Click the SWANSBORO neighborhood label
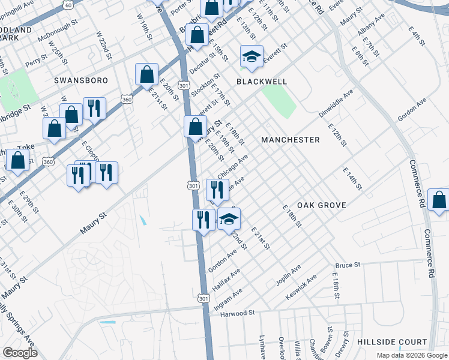(x=80, y=80)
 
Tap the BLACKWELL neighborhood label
(x=262, y=81)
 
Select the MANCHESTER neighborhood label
(x=291, y=140)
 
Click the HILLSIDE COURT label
(x=392, y=341)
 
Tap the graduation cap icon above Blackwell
(x=252, y=58)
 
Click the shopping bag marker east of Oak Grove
(x=439, y=202)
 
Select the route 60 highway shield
(x=69, y=5)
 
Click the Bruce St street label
(x=348, y=265)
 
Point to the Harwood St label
(x=238, y=313)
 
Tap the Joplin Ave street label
(x=288, y=274)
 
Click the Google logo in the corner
(x=20, y=353)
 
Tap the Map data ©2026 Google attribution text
(x=411, y=355)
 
